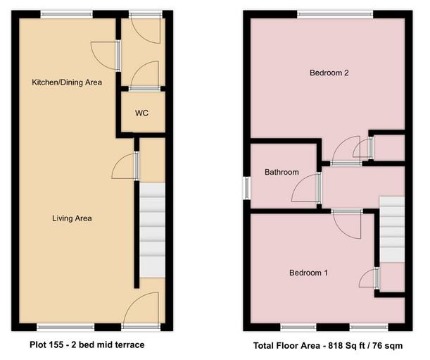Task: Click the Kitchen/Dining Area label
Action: [x=67, y=82]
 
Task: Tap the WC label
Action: [x=141, y=113]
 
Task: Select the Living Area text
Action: [x=72, y=218]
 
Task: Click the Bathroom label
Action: [x=282, y=172]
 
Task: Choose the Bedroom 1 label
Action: [x=308, y=273]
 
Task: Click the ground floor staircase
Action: [x=151, y=229]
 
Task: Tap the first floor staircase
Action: [x=392, y=229]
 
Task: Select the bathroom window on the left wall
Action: [x=246, y=188]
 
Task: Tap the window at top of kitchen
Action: [x=66, y=13]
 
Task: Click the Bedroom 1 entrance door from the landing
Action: [x=346, y=224]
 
